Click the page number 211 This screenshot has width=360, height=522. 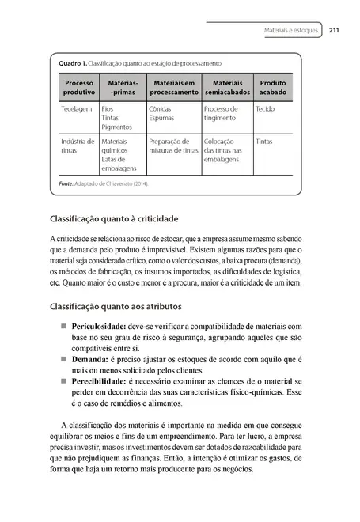(334, 31)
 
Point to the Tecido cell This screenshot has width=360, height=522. (266, 108)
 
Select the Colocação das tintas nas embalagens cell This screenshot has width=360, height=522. (228, 150)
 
